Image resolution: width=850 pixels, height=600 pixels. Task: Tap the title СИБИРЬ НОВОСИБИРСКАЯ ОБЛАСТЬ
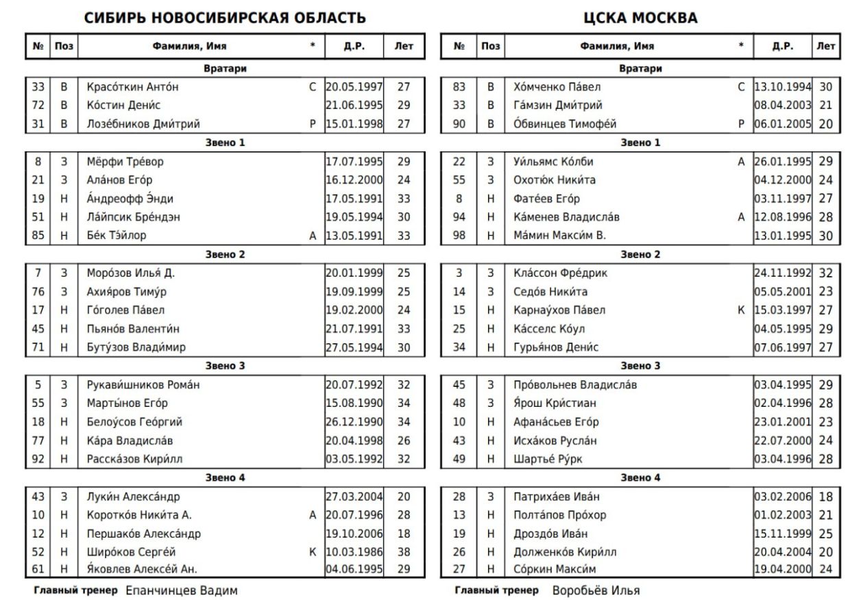[x=225, y=18]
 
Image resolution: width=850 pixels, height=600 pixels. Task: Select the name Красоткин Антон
[x=133, y=87]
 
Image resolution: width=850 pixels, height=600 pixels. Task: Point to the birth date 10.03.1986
[x=354, y=551]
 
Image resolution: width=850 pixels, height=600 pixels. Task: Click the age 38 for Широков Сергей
[x=404, y=551]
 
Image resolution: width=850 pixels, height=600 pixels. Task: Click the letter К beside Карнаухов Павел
[x=741, y=310]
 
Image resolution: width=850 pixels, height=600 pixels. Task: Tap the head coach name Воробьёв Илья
[x=596, y=590]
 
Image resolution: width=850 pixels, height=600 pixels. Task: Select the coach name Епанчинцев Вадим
[x=182, y=590]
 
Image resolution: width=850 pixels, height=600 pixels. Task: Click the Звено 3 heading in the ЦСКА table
[x=640, y=366]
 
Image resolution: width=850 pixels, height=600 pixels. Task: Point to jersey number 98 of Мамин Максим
[x=459, y=236]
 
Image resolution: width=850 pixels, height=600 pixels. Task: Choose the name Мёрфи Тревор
[x=125, y=162]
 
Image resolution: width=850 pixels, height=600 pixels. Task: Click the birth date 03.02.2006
[x=782, y=496]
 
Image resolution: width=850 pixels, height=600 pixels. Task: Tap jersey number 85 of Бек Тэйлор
[x=38, y=236]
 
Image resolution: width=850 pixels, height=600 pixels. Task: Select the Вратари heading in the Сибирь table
[x=225, y=68]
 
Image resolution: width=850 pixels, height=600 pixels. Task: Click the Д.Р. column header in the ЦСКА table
[x=782, y=47]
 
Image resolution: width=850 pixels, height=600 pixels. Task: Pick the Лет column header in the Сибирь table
[x=404, y=47]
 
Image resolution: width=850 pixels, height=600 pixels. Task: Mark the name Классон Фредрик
[x=560, y=273]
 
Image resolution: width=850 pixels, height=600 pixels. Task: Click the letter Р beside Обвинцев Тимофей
[x=741, y=124]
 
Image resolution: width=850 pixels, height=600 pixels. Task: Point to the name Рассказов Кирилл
[x=134, y=458]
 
